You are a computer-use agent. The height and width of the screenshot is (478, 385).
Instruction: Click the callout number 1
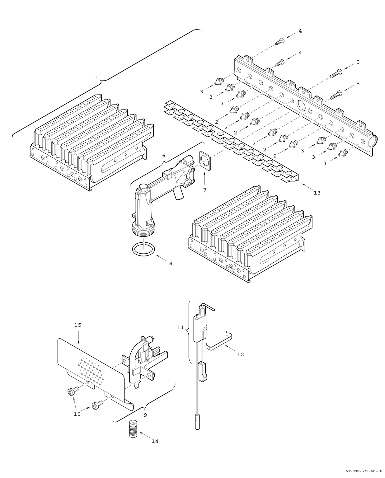(96, 77)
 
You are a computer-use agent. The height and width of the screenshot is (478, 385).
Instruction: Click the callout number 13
(317, 193)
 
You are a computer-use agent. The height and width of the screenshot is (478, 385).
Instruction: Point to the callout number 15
(77, 325)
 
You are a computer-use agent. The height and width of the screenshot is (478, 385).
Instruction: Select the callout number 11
(181, 327)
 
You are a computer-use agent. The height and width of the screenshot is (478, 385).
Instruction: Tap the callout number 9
(145, 415)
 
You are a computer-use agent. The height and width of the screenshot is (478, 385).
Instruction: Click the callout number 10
(77, 414)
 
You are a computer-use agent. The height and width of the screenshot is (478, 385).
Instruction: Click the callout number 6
(164, 155)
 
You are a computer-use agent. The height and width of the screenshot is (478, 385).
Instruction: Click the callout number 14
(155, 441)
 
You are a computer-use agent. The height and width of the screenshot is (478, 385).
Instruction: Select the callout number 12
(240, 354)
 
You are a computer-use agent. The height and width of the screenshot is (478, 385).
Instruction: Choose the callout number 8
(171, 263)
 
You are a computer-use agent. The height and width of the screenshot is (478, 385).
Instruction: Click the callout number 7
(204, 190)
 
